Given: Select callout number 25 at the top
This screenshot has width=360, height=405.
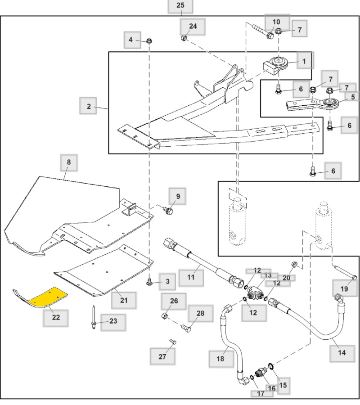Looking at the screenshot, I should point(180,6).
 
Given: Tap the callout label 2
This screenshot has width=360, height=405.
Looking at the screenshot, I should point(89,107).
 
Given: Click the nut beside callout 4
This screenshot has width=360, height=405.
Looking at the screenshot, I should point(148,42).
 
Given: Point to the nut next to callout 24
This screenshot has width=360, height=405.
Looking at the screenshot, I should point(184,38).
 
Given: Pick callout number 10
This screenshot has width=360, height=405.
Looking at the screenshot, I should point(276,22).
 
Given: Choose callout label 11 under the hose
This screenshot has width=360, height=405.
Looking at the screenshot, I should point(191,277).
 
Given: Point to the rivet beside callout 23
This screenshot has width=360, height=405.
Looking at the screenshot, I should point(93,320).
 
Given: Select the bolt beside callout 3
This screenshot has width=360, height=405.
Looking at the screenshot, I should point(149,282).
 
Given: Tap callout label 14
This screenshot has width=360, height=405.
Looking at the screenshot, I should point(342,352).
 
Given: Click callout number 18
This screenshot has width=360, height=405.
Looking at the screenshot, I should point(220,358).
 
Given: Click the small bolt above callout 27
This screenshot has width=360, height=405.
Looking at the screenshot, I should point(172,342).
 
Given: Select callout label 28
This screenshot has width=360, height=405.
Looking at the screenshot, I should point(200,313).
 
